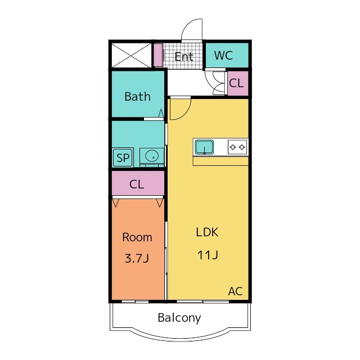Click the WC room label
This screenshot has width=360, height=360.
tap(223, 55)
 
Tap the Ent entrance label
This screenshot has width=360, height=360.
tap(184, 56)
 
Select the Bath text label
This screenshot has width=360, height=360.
tap(137, 96)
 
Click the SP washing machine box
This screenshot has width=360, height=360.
tap(123, 157)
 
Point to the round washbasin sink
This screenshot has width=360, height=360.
tap(152, 156)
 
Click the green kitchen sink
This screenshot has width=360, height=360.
tap(204, 147)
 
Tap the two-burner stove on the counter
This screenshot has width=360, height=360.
tap(237, 147)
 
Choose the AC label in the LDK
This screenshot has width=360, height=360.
tap(235, 291)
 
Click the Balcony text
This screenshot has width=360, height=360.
tap(179, 318)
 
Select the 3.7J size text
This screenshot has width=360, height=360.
tap(137, 258)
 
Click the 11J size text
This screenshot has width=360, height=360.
tap(208, 255)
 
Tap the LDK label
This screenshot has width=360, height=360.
tap(207, 232)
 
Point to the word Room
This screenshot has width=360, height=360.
tap(137, 237)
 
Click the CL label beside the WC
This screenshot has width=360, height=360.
tap(236, 83)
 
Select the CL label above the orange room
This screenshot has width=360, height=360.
tap(137, 184)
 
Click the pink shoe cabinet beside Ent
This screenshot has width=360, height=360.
tap(158, 55)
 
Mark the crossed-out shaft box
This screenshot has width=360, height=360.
tap(132, 55)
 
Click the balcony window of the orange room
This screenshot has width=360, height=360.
tap(135, 301)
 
